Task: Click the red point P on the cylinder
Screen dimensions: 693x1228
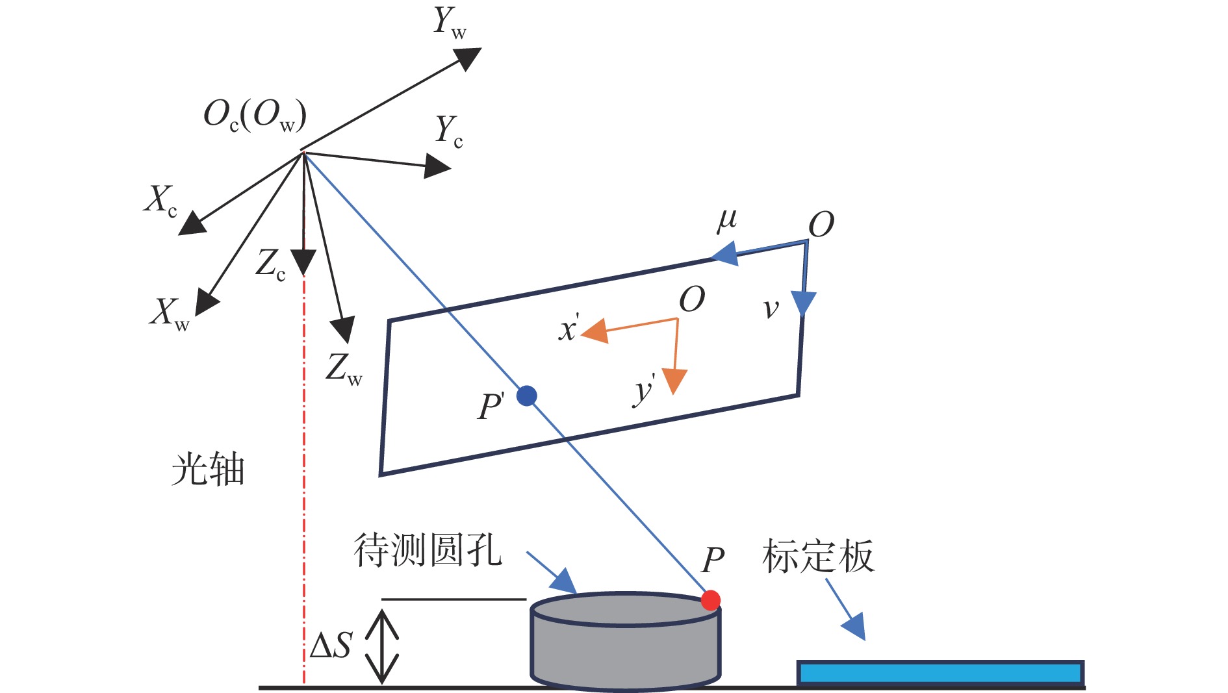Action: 710,599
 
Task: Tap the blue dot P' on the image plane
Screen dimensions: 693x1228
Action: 526,396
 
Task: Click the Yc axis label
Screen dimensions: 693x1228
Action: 449,131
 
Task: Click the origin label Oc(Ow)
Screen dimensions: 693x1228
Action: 255,116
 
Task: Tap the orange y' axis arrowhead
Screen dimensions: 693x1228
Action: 675,381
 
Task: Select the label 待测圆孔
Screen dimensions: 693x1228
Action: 428,551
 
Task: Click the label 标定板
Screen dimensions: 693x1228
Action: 818,556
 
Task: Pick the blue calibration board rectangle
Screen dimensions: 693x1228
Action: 940,673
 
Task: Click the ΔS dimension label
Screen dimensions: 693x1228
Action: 331,646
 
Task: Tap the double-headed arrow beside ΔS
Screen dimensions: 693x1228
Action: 381,647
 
